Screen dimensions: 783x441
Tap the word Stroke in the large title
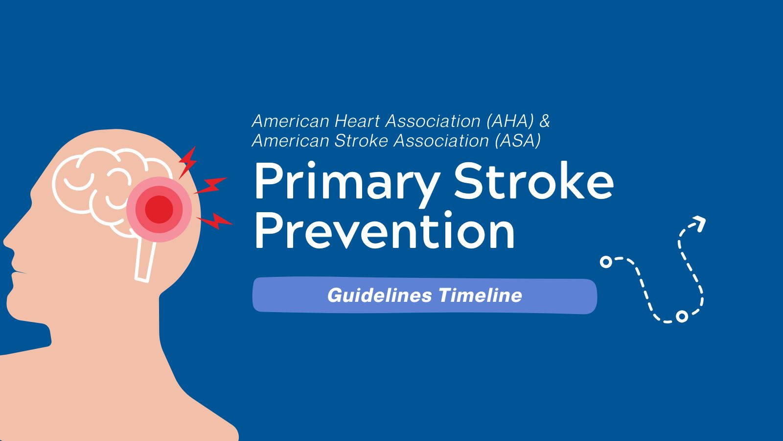(534, 181)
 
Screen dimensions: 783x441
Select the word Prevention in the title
(385, 230)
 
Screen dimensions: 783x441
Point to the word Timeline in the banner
(480, 295)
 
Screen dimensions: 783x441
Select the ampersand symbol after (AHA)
(545, 121)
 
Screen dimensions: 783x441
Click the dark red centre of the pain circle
(159, 209)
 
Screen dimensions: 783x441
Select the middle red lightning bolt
(210, 185)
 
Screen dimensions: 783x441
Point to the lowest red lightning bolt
(215, 221)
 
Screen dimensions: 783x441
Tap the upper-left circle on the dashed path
(606, 262)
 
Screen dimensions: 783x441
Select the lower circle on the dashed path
(682, 317)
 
